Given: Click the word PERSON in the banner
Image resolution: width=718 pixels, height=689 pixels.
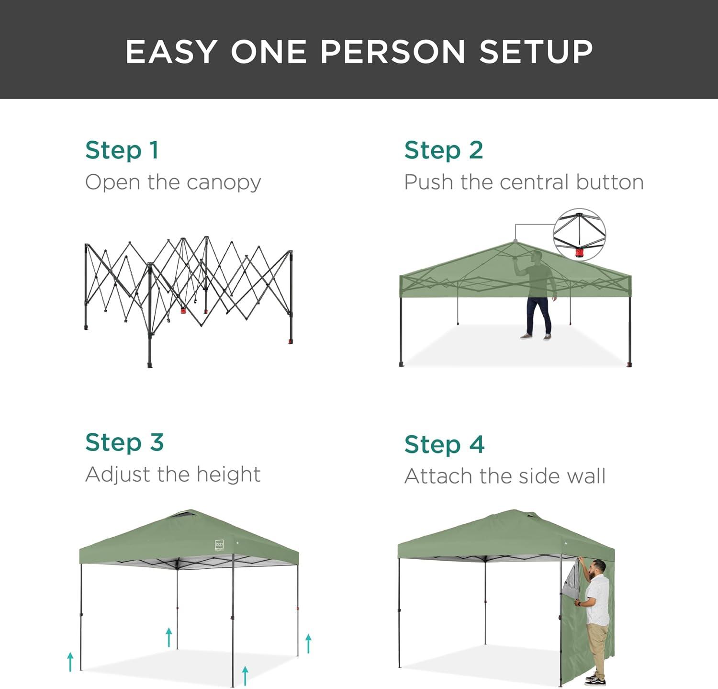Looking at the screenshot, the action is point(393,51).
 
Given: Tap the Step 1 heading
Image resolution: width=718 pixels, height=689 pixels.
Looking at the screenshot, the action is point(122,150).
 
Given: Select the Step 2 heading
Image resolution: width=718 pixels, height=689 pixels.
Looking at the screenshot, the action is point(443,150).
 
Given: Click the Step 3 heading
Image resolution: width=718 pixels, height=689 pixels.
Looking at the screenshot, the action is point(124,442).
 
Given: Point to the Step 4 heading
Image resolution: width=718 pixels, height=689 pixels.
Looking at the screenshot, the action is point(444,444).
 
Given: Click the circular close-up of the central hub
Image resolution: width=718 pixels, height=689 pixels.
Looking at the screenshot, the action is point(579,235).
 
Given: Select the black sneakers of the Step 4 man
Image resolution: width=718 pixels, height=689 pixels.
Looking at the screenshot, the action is point(596,679).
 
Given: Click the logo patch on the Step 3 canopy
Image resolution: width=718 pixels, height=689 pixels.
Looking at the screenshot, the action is point(219,545).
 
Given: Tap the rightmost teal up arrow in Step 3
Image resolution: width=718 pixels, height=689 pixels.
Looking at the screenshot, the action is point(309,644).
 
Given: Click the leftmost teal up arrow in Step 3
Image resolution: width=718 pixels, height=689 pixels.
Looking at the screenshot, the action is point(70,661).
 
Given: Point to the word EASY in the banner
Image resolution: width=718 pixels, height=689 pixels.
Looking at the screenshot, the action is point(171,51).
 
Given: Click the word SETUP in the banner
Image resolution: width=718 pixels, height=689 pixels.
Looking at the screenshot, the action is point(536,51).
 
